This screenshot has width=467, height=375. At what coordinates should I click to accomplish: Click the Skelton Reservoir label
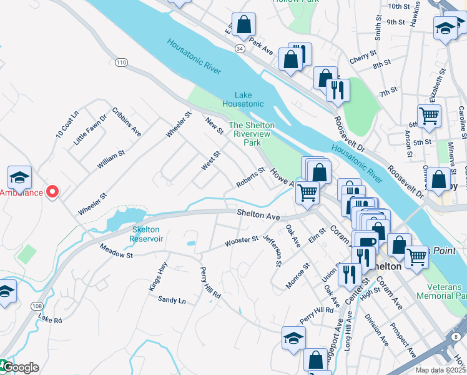pyautogui.click(x=147, y=234)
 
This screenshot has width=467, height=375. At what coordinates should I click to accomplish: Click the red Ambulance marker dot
pyautogui.click(x=52, y=192)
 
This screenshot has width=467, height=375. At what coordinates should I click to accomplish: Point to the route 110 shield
pyautogui.click(x=121, y=62)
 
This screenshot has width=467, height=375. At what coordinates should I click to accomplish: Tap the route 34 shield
pyautogui.click(x=240, y=47)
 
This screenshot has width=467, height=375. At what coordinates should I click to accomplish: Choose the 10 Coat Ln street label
pyautogui.click(x=67, y=124)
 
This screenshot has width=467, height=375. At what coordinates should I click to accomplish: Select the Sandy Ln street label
pyautogui.click(x=172, y=301)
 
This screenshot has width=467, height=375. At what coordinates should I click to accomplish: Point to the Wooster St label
pyautogui.click(x=242, y=241)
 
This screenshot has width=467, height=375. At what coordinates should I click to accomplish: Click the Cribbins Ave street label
pyautogui.click(x=127, y=121)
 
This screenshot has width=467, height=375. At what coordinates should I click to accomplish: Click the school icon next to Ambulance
pyautogui.click(x=19, y=177)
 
